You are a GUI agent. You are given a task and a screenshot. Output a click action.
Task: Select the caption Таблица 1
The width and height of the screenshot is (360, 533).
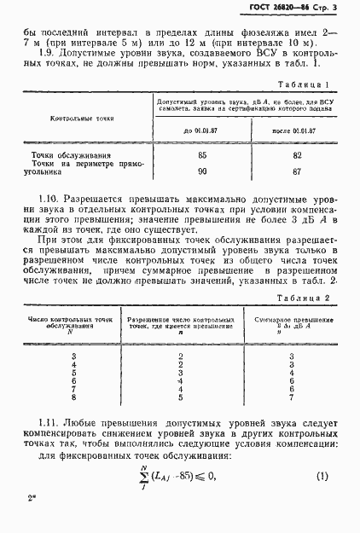[x=305, y=85]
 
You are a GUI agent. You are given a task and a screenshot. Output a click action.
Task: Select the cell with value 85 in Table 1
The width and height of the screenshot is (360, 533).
[x=201, y=155]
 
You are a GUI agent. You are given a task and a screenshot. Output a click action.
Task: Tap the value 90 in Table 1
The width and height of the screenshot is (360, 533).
[x=201, y=171]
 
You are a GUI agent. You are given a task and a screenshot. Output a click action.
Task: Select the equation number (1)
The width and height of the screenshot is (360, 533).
[x=322, y=496]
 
